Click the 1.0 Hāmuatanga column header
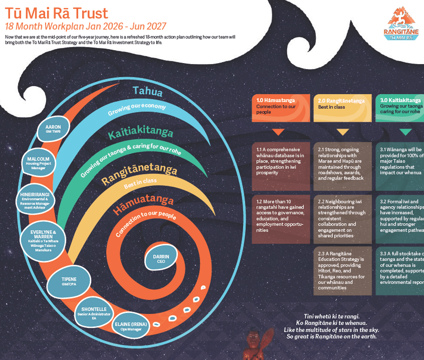pos(281,106)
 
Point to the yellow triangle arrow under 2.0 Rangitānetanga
pos(342,132)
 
